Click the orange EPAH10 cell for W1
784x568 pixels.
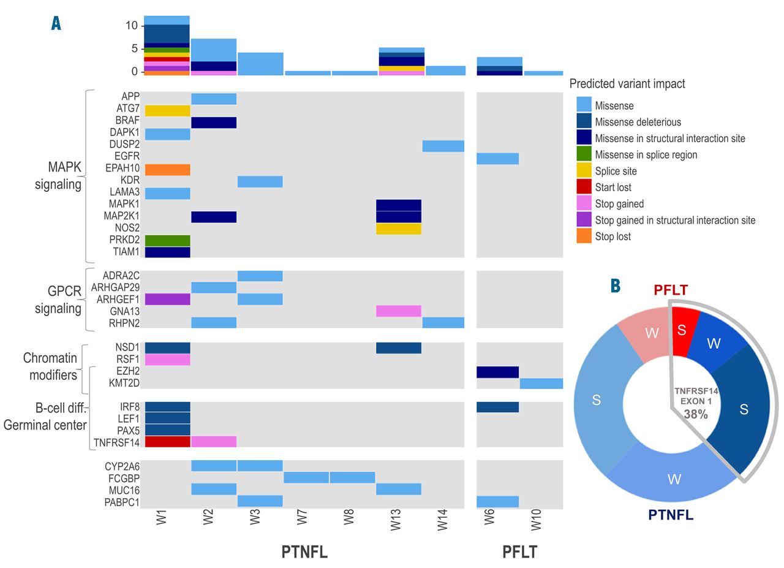tap(167, 170)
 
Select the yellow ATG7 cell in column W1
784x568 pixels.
tap(167, 111)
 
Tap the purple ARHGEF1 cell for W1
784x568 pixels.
tap(167, 299)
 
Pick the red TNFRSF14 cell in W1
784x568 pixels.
tap(167, 442)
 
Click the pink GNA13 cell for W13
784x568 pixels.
tap(399, 311)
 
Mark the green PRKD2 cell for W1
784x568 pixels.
tap(167, 241)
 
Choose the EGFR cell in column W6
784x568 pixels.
tap(497, 158)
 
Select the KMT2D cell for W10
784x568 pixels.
tap(541, 384)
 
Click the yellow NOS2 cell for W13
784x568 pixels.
tap(399, 229)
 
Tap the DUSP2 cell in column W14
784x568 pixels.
tap(443, 146)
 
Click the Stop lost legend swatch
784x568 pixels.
tap(584, 236)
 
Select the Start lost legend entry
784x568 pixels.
tap(613, 187)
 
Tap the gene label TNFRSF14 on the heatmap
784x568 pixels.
tap(116, 442)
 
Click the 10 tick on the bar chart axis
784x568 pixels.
tap(131, 26)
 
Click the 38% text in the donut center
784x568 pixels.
tap(696, 414)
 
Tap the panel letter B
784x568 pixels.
tap(616, 286)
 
